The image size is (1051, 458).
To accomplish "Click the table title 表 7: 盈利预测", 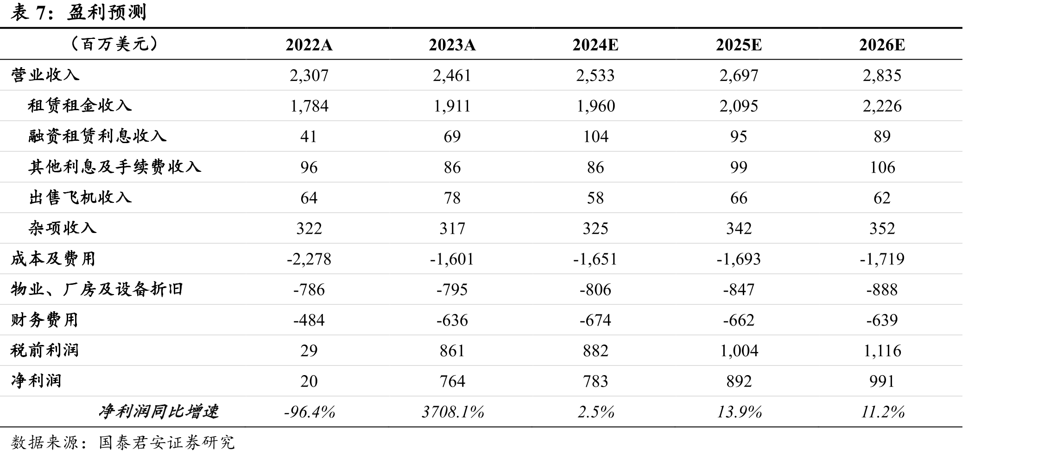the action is [x=78, y=12].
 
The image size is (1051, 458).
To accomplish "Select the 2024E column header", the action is [x=595, y=45].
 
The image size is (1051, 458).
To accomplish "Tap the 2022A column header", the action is [x=309, y=45].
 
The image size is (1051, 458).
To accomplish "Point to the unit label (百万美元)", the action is [x=115, y=44].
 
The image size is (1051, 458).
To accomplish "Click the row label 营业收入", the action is [x=45, y=75].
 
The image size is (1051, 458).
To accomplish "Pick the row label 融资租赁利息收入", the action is [x=97, y=136].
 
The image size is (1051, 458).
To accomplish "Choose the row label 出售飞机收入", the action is [x=80, y=197].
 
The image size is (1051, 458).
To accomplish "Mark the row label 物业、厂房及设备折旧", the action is [x=97, y=289].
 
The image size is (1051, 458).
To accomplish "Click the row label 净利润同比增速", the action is [x=158, y=411].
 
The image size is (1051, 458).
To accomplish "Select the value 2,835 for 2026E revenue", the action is [x=882, y=75].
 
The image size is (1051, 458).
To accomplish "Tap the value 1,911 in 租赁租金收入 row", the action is [x=452, y=106].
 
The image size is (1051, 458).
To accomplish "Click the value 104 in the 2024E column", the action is [x=595, y=137].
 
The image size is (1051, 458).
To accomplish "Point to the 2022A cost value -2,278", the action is [x=309, y=259].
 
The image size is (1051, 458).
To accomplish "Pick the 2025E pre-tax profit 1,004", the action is [x=739, y=351].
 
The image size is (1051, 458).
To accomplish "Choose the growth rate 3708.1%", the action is [x=453, y=412].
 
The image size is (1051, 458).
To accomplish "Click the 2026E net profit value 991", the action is [x=882, y=381].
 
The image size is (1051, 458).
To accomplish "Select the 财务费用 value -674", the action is [x=595, y=320].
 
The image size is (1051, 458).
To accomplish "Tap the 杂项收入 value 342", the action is [x=739, y=228].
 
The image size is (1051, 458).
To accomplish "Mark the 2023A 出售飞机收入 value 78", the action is [x=452, y=198].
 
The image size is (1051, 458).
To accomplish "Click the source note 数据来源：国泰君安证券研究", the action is [x=123, y=442].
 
